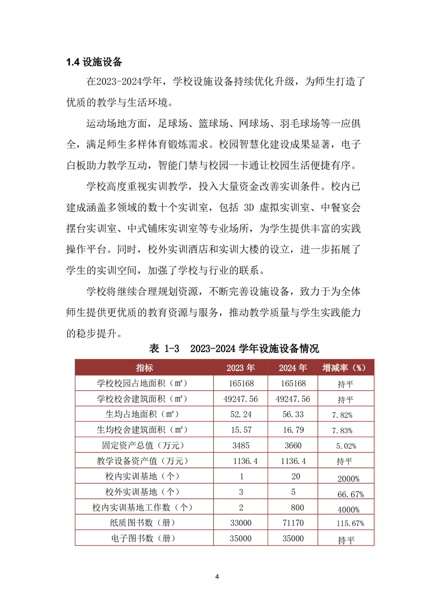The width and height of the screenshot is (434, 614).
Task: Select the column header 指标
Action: tap(145, 367)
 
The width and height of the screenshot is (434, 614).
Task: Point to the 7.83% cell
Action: tap(348, 431)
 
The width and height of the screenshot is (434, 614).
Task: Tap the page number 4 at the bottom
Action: tap(217, 576)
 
